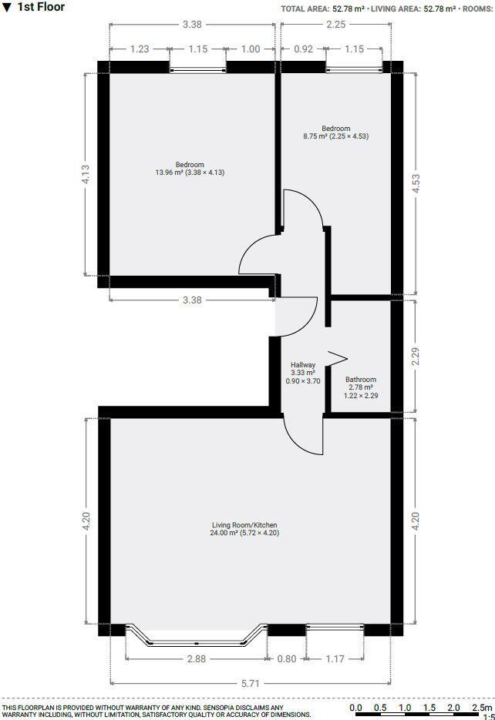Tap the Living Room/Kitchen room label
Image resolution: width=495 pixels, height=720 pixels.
(x=245, y=526)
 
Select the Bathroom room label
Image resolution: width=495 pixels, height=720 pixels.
(x=360, y=380)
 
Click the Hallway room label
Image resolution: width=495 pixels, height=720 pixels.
(x=302, y=364)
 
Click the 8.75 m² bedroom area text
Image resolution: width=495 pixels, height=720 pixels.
(x=335, y=137)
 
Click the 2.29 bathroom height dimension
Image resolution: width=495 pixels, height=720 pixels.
(x=416, y=356)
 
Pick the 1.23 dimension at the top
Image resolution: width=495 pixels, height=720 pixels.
(x=139, y=49)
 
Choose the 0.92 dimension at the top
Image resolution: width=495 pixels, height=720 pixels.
(x=304, y=49)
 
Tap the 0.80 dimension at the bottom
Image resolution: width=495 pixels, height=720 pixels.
(x=286, y=658)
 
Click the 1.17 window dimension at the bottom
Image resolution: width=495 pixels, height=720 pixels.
(x=335, y=658)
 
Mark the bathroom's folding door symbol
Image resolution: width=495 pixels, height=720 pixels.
(x=337, y=359)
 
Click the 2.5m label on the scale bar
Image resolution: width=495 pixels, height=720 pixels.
(x=481, y=707)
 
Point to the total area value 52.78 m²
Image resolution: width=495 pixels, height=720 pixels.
(x=348, y=9)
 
